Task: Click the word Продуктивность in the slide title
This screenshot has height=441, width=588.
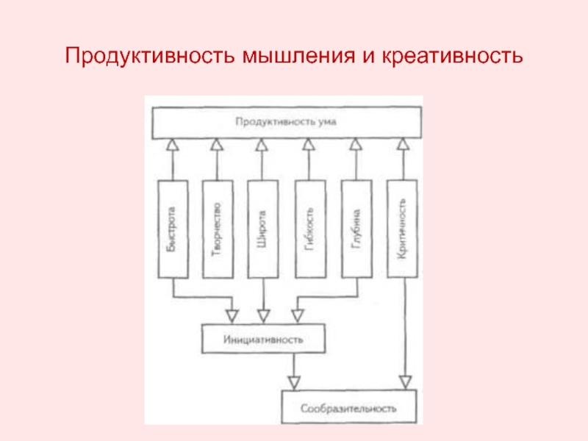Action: [147, 57]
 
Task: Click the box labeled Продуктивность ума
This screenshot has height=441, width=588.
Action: [286, 122]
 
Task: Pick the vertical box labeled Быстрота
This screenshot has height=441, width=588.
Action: [171, 229]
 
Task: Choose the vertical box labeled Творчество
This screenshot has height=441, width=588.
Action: [217, 229]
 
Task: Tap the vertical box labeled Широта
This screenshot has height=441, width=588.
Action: [262, 229]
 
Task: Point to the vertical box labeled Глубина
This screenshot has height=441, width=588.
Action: [356, 229]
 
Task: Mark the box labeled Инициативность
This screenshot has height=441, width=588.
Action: [262, 340]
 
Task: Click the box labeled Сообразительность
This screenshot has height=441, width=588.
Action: [348, 406]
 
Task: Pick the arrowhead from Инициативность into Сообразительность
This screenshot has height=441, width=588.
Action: [294, 383]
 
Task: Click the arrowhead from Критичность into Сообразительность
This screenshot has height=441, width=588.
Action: [404, 383]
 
